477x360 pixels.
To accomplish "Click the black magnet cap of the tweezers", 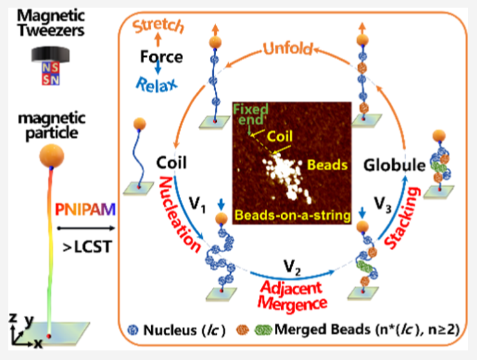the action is (x=50, y=54).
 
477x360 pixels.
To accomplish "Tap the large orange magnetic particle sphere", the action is (x=52, y=156).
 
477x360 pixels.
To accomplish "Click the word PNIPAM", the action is (x=85, y=209).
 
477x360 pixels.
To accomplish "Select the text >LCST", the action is (x=87, y=246).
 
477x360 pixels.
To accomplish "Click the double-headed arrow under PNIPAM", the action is (x=86, y=228).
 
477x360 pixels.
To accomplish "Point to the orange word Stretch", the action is (x=159, y=26).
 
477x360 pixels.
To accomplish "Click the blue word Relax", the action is (x=157, y=84).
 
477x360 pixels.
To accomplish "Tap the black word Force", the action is (x=161, y=57).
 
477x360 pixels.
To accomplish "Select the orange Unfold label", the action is (x=288, y=48).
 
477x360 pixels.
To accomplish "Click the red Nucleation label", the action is (x=180, y=214).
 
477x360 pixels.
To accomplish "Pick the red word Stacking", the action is (x=402, y=218).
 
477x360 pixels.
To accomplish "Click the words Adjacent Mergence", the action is (x=292, y=296).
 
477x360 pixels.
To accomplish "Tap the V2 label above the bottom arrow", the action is (x=292, y=267).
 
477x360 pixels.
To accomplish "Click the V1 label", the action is (x=198, y=204).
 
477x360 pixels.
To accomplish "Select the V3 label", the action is (x=383, y=204).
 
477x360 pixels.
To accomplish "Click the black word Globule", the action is (x=394, y=165).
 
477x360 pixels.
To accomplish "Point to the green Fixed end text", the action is (x=251, y=114).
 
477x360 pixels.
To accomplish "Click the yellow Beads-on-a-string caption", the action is (x=293, y=215).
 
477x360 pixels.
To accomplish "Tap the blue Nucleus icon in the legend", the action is (x=133, y=330).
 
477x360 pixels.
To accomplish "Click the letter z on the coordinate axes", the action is (x=13, y=319).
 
